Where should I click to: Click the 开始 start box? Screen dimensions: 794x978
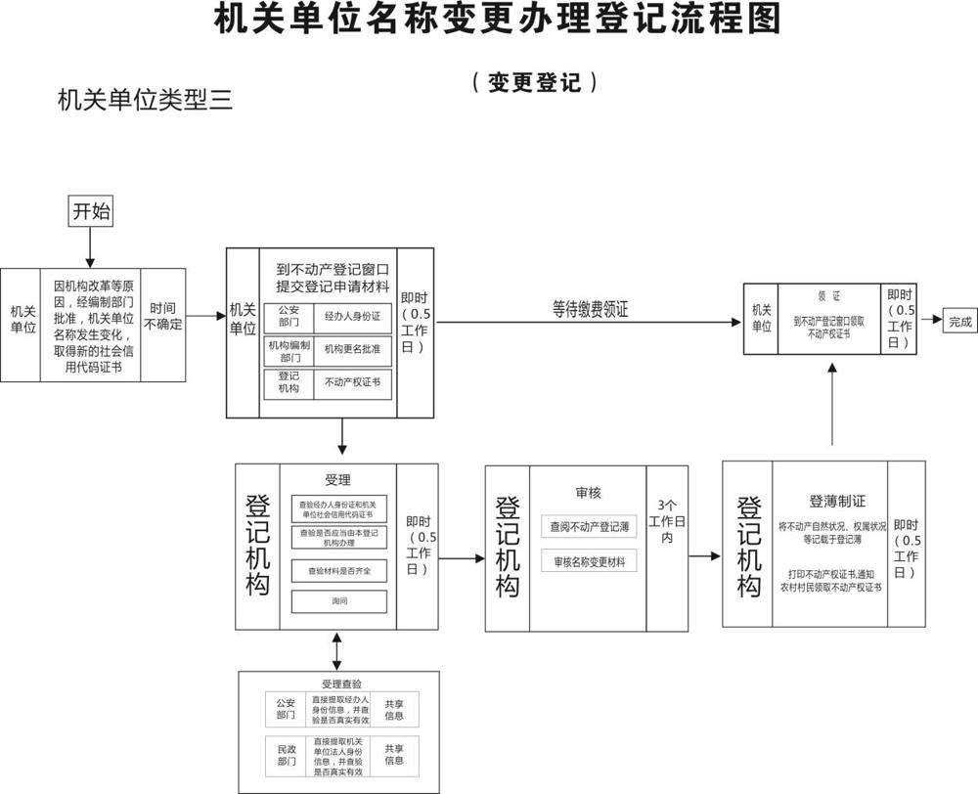click(90, 210)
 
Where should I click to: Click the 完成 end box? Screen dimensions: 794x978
click(959, 321)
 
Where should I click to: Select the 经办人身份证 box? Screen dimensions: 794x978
click(351, 318)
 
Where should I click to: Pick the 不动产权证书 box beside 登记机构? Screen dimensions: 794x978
click(351, 383)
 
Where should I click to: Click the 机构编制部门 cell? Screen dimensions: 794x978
click(289, 350)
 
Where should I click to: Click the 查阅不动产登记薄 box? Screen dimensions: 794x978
click(589, 526)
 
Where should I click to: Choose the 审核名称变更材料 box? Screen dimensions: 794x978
click(589, 561)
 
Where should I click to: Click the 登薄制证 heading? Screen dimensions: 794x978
click(837, 501)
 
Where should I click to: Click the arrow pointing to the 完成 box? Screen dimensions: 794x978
click(931, 321)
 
